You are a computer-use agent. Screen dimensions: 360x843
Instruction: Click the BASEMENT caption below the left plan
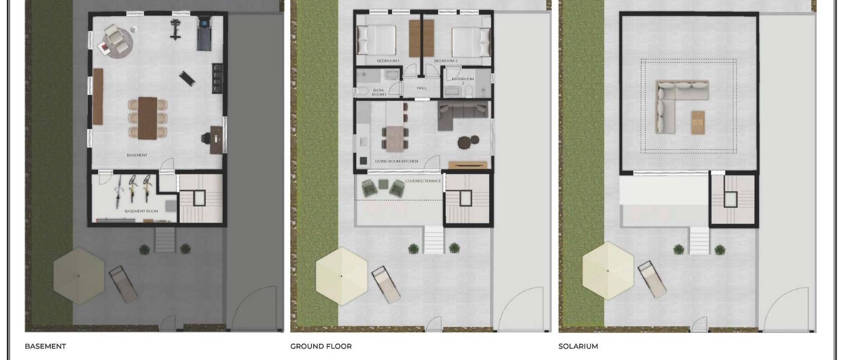pos(45,346)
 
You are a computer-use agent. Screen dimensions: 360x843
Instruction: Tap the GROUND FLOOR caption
pos(321,346)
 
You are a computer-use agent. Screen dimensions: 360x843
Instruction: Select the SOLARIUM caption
pos(578,346)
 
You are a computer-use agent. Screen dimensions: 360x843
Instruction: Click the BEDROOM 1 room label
pos(388,61)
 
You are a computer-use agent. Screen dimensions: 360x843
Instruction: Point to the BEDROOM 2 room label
pos(446,61)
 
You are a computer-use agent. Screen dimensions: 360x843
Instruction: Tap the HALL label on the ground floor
pos(421,88)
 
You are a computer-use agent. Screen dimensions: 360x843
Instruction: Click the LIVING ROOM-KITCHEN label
pos(396,162)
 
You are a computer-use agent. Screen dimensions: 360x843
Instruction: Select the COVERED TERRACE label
pos(423,181)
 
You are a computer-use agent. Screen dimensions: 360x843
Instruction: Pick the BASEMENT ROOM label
pos(141,211)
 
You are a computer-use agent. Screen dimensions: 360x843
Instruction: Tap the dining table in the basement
pos(147,118)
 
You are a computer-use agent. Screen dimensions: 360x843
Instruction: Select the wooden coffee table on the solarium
pos(698,122)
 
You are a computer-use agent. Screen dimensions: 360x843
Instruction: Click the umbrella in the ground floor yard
pos(342,276)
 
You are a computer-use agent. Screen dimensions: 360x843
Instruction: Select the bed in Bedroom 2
pos(469,42)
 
